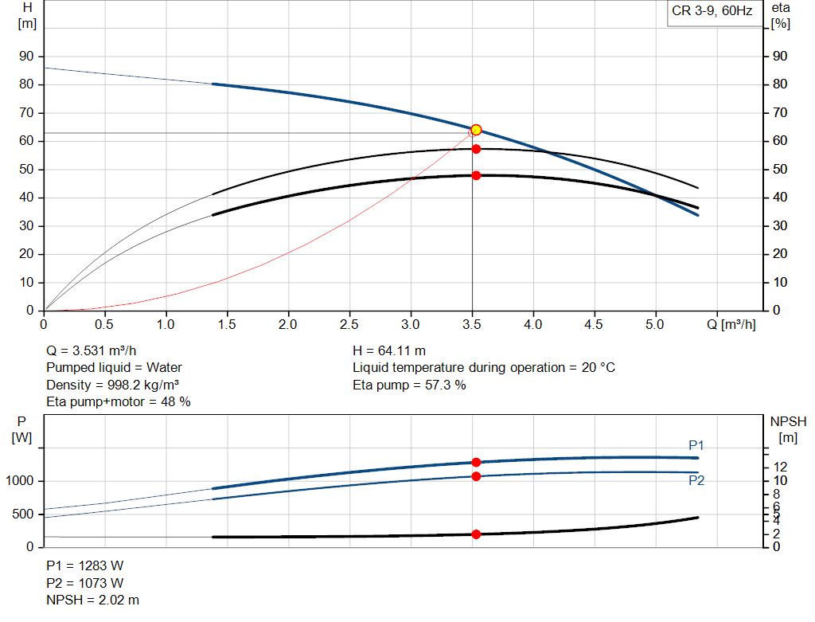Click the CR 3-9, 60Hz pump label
coord(712,12)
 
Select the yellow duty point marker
coord(476,130)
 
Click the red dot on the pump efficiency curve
coord(476,149)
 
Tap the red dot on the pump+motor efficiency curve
coord(476,175)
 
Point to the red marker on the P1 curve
coord(476,462)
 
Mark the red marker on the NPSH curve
coord(476,534)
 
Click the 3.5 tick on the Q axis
coord(472,325)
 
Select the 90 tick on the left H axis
coord(28,57)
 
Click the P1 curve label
coord(696,445)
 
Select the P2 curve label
coord(696,480)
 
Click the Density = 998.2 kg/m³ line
coord(112,385)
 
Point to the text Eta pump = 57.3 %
coord(409,385)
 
